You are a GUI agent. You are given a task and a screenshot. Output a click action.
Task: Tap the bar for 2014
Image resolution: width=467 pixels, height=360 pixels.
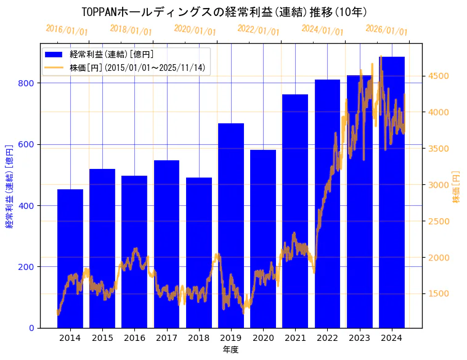click(70, 258)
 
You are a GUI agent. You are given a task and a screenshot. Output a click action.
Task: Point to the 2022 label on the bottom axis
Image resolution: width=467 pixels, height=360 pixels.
click(327, 338)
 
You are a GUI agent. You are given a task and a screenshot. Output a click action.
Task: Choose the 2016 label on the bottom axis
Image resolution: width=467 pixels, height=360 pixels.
click(134, 338)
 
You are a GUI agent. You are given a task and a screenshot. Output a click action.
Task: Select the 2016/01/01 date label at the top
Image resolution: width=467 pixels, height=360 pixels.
click(67, 30)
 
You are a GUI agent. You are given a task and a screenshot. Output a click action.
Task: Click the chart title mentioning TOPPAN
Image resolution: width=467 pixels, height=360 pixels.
click(225, 12)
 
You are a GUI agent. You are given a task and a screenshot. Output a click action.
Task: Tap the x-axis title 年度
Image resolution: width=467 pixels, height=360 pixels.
click(230, 350)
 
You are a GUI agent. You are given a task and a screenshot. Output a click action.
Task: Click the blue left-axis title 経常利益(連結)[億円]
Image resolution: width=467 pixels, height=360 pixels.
click(9, 187)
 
